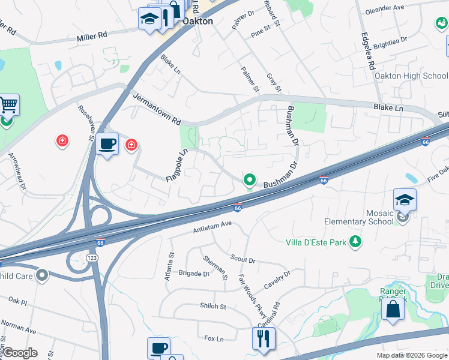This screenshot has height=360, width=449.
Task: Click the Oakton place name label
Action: tap(197, 22)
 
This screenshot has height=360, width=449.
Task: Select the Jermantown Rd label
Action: tap(157, 109)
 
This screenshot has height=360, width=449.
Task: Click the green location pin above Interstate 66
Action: tap(249, 179)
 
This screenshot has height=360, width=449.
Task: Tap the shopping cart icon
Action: tap(8, 105)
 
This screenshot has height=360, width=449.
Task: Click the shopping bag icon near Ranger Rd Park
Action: tap(393, 310)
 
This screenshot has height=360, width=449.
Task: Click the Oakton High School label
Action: tap(411, 76)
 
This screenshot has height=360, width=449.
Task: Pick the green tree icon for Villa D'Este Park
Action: tap(357, 241)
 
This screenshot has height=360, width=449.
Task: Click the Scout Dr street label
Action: tap(243, 259)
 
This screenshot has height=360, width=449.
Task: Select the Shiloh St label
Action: tap(212, 306)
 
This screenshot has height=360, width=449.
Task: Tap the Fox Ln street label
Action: tap(214, 339)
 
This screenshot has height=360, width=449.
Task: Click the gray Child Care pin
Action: tap(41, 275)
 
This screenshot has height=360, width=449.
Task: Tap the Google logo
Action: tap(20, 353)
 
